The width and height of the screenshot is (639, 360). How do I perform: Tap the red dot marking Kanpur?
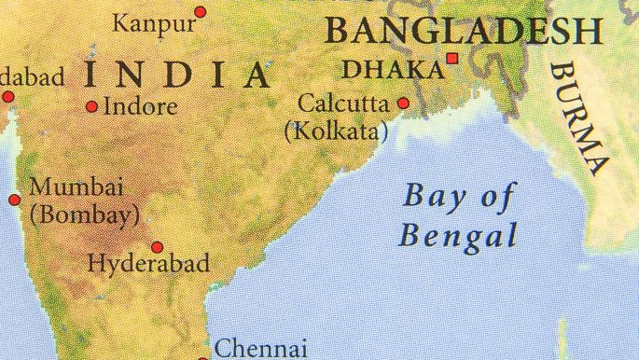200,12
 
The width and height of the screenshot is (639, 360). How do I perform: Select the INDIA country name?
177,75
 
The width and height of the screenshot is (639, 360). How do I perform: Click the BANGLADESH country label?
463,32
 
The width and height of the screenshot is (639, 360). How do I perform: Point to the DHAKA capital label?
393,69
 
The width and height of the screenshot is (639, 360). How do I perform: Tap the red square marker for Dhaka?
453,59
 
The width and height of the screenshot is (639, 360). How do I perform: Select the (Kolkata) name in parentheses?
335,130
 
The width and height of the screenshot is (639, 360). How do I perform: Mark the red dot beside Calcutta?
403,103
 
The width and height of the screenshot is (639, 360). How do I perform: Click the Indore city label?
140,106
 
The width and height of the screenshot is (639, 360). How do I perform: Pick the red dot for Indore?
91,106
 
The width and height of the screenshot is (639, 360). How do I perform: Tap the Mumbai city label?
76,187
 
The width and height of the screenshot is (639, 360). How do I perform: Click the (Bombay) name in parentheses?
84,214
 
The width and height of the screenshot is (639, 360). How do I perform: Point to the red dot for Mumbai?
14,200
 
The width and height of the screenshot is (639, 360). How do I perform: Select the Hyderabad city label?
148,264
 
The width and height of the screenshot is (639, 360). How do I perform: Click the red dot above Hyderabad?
157,247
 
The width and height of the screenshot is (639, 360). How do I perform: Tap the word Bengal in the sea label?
457,234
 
